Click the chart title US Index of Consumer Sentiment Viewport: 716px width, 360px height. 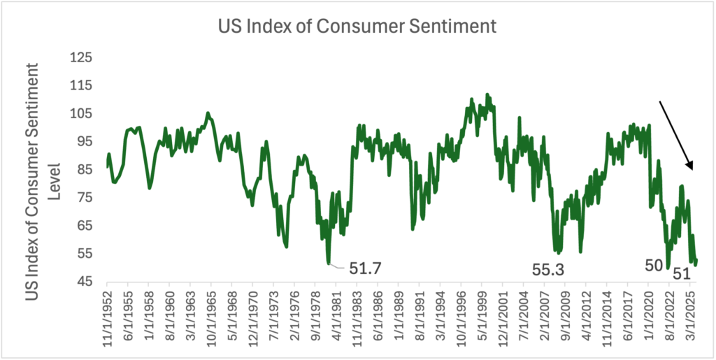tap(357, 26)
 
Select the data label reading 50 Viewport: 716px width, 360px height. tap(653, 266)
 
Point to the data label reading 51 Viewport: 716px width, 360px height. tap(681, 275)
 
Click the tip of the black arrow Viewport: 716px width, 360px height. tap(692, 170)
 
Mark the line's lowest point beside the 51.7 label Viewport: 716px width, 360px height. tap(328, 264)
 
